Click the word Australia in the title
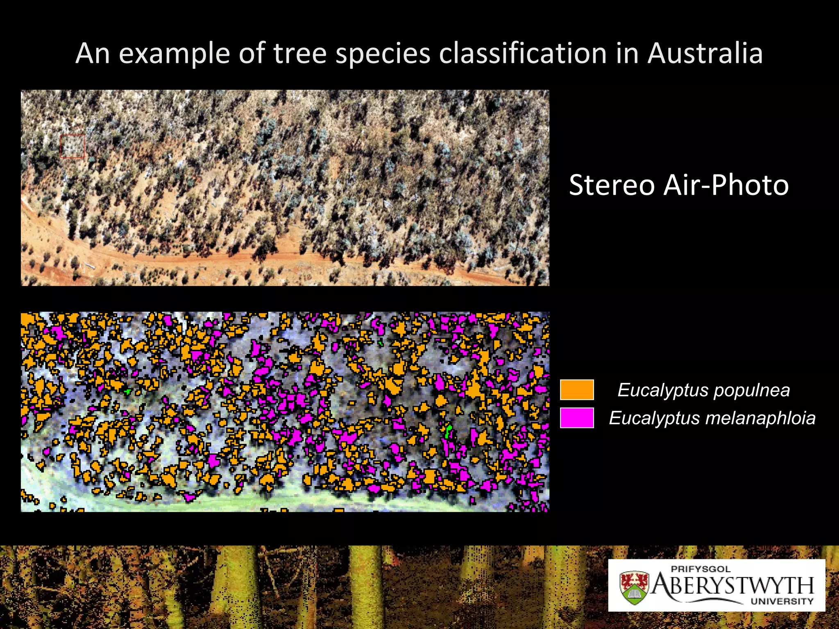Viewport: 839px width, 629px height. pos(705,53)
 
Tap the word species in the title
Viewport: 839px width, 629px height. pos(383,54)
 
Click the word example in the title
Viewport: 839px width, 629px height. pos(174,54)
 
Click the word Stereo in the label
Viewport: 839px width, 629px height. pos(612,185)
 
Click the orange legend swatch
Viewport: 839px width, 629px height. pos(577,389)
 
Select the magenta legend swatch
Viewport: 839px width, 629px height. pos(577,418)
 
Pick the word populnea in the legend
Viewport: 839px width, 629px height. pos(751,390)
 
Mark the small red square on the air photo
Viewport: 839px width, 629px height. pos(73,146)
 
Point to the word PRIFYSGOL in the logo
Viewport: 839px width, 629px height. pos(701,569)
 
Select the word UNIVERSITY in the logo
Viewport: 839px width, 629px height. pos(782,601)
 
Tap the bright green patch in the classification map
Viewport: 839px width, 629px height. pos(448,431)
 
